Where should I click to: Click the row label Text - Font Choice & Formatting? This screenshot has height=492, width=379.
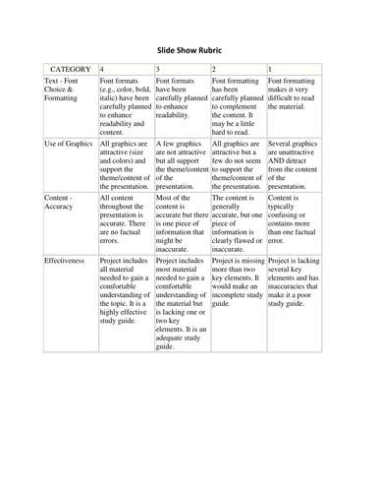pos(66,95)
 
